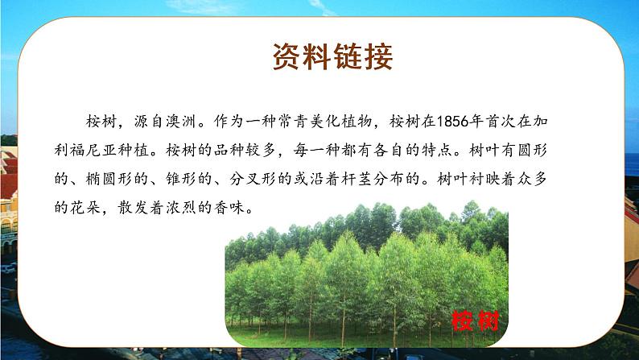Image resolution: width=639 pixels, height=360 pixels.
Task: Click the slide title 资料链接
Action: [x=332, y=57]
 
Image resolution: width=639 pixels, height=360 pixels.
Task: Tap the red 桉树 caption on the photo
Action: [x=476, y=321]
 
